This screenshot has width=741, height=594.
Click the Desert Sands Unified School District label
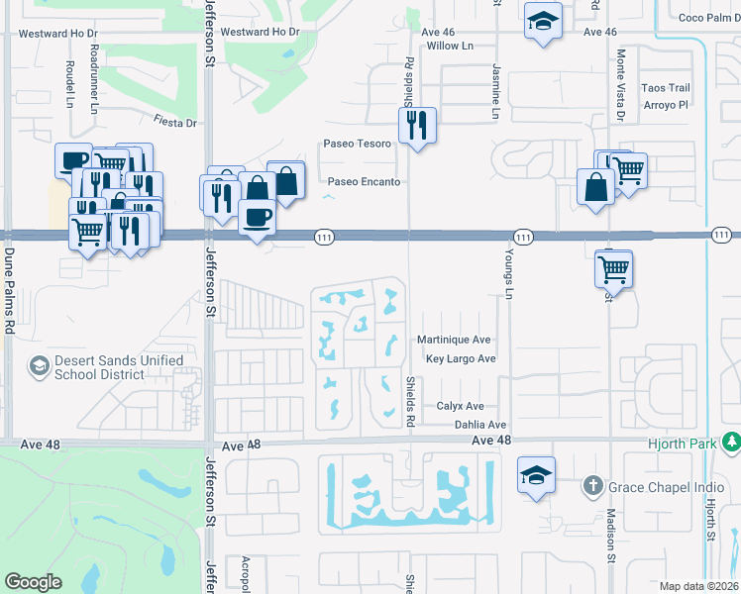(x=105, y=367)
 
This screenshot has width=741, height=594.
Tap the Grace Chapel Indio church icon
(x=592, y=485)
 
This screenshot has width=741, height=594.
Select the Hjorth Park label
(x=682, y=445)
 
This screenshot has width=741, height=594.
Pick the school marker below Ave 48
(x=536, y=475)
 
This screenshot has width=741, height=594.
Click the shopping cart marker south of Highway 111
(x=614, y=268)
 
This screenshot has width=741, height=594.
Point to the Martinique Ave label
(x=454, y=340)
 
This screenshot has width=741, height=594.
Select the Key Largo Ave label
(x=460, y=358)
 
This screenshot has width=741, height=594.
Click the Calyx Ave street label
(x=461, y=406)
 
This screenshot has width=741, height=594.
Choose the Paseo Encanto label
(x=364, y=182)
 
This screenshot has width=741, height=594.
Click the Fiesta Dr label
(x=175, y=123)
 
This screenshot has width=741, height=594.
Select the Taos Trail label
(x=665, y=88)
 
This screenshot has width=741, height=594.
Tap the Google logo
(x=33, y=582)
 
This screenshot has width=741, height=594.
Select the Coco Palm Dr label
(x=704, y=17)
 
